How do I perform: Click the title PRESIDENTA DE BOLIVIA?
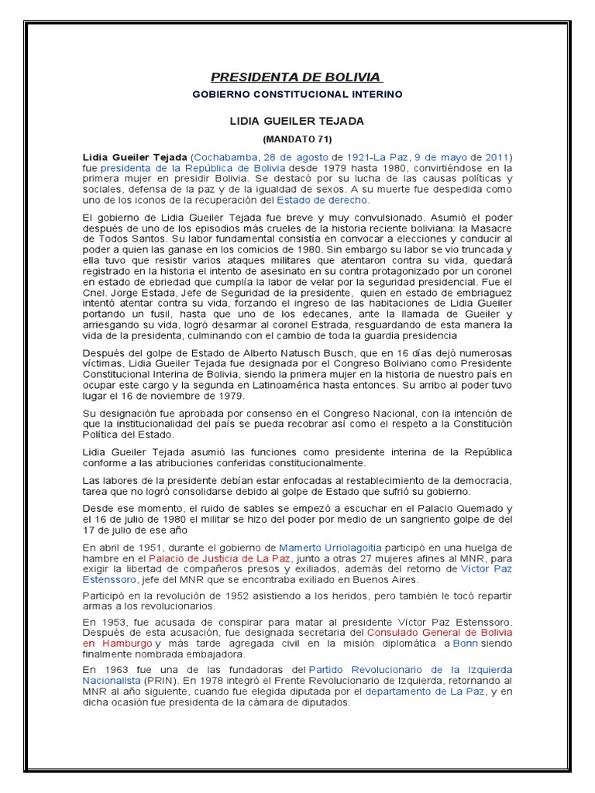tap(297, 77)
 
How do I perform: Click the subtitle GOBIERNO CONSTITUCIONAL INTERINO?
tap(297, 94)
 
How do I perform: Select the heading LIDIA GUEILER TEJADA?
tap(297, 122)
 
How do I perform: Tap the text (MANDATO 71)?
tap(297, 139)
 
